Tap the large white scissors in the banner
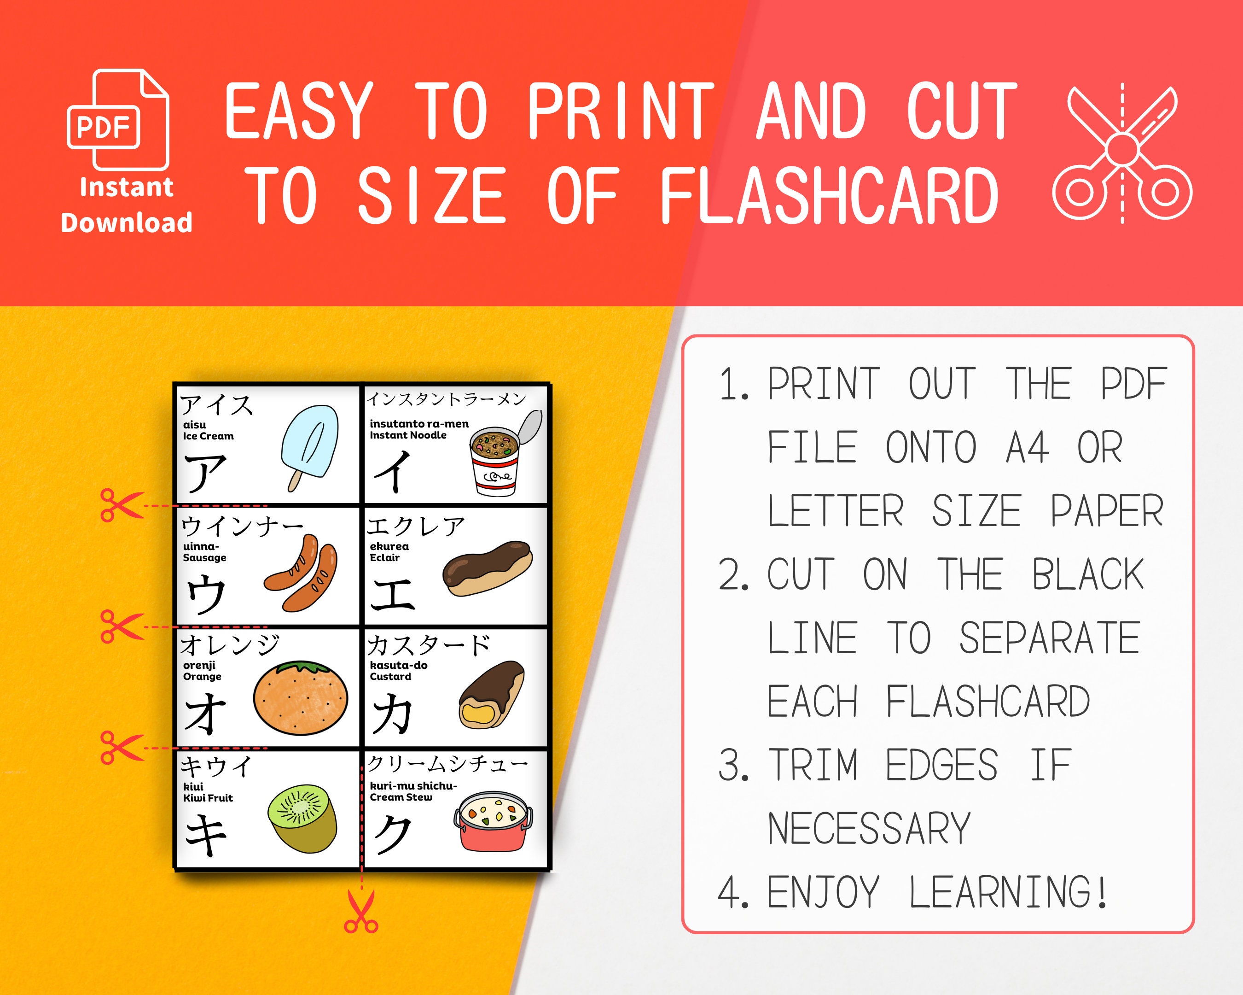pos(1121,153)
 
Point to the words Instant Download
pos(126,205)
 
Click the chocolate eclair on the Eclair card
pos(487,568)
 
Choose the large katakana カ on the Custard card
pos(392,714)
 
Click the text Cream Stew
pos(401,797)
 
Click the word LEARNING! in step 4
pos(1008,892)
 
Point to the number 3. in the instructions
pos(734,766)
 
